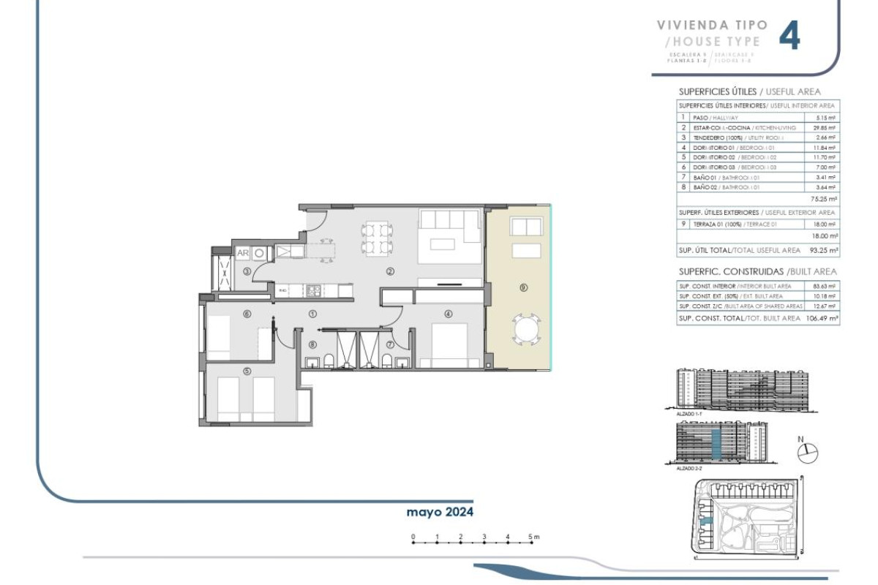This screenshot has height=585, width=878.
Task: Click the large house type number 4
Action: [x=789, y=36]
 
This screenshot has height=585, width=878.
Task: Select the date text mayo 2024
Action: [x=440, y=512]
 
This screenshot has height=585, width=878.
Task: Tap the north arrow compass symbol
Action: [x=808, y=453]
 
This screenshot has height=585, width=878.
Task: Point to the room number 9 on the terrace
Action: [x=523, y=287]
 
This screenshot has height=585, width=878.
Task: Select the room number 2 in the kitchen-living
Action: [x=390, y=271]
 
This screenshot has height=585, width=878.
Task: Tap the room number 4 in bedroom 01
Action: [x=448, y=314]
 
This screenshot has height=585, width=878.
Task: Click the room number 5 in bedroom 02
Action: [x=247, y=371]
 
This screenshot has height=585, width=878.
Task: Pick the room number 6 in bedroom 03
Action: [x=247, y=314]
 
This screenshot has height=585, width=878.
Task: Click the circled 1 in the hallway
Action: [x=312, y=314]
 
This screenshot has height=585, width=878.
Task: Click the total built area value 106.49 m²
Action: [x=824, y=318]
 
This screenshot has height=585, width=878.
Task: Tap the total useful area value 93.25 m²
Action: [x=824, y=250]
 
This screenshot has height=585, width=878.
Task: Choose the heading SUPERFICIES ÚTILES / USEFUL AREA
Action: [x=749, y=91]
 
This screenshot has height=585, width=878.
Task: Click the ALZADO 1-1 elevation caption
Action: [x=689, y=415]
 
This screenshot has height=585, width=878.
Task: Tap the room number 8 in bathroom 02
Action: [x=312, y=344]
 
